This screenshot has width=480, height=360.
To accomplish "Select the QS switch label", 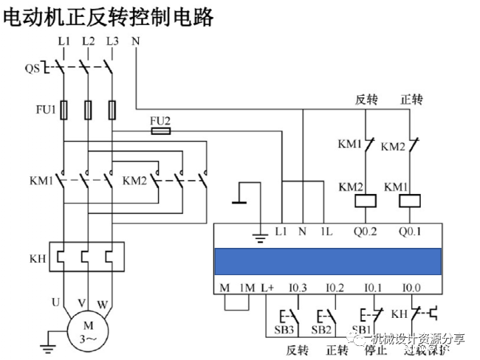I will click(32, 69).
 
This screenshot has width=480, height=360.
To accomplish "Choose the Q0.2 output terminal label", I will click(365, 232).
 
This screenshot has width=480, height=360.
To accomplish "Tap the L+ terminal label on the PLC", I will click(267, 287).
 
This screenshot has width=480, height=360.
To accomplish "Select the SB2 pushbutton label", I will click(320, 328).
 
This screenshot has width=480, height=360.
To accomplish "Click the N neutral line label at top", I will click(135, 41).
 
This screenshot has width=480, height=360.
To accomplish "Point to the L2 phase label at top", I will click(89, 41).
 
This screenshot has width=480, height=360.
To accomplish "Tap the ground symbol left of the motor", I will click(49, 340).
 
